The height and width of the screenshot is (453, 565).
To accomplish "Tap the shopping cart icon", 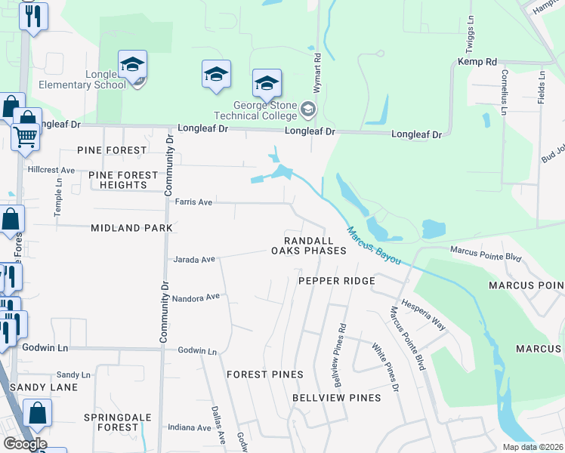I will (25, 137).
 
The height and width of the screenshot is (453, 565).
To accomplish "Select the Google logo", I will (25, 444).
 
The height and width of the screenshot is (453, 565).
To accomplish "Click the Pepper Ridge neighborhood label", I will (337, 281).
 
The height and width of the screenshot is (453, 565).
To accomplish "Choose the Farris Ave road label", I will (194, 202).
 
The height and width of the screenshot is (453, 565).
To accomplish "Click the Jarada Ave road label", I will (195, 260).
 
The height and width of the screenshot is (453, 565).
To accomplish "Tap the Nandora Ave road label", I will (196, 297).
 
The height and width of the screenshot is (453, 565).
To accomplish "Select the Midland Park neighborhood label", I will (131, 227).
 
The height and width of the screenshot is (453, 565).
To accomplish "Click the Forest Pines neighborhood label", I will (265, 374).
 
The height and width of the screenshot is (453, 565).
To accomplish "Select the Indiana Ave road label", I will (190, 427).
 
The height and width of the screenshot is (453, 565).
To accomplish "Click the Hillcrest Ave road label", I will (51, 170).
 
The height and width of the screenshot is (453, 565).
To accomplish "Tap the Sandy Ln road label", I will (73, 374).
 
